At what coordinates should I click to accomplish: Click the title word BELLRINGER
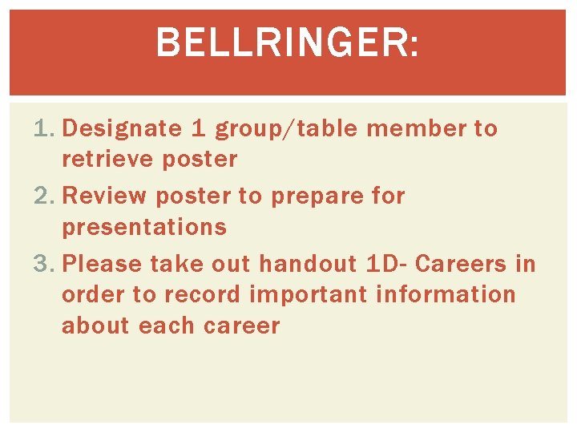click(286, 42)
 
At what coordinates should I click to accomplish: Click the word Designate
click(123, 128)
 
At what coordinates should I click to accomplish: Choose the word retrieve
click(107, 159)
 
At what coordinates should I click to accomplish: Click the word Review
click(104, 196)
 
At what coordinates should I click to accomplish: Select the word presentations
click(144, 228)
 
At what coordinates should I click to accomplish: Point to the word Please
click(101, 264)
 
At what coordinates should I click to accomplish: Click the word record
click(202, 294)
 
